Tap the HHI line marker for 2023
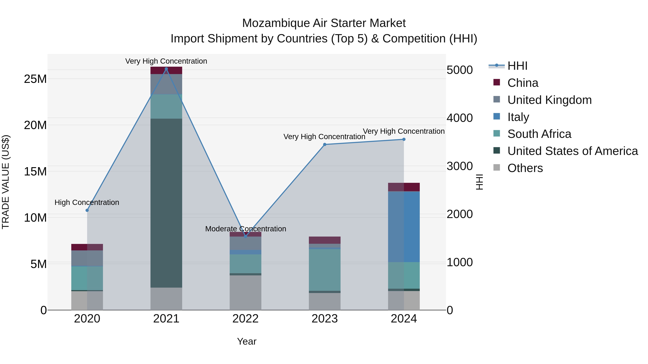[325, 145]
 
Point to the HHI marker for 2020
[87, 210]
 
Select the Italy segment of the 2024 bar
[404, 227]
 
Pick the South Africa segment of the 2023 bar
[325, 270]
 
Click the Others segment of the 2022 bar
[245, 293]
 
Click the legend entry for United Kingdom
[549, 100]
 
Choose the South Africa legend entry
[539, 134]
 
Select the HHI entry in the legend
[517, 66]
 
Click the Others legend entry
[525, 168]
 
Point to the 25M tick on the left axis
[35, 79]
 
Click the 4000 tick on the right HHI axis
[459, 118]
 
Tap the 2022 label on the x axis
[245, 319]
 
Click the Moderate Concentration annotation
[246, 229]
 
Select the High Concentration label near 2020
[87, 202]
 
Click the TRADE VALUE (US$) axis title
[6, 182]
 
